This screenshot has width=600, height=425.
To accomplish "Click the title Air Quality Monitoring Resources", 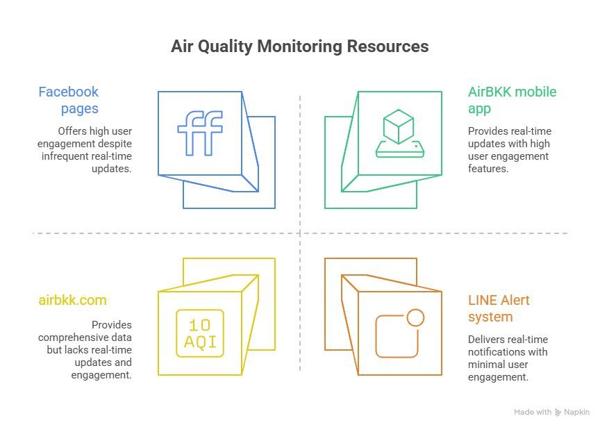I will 299,47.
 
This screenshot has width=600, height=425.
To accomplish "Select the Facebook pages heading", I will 68,100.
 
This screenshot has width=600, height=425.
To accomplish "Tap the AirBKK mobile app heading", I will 512,100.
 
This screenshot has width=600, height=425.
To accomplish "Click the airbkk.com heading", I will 72,300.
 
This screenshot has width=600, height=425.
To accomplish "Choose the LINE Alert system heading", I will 499,308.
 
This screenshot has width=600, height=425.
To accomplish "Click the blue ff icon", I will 200,132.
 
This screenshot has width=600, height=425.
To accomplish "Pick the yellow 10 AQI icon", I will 200,333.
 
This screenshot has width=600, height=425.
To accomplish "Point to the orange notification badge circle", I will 415,318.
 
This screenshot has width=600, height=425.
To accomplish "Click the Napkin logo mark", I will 558,412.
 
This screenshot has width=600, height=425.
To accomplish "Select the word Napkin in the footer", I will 577,412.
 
